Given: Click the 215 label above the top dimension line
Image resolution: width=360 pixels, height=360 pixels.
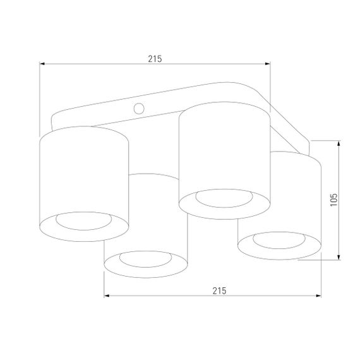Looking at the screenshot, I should point(155,58).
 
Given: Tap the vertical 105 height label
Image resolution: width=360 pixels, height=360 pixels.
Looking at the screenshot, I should point(333,200).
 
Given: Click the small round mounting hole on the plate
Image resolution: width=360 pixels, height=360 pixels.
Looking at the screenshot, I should point(140,109).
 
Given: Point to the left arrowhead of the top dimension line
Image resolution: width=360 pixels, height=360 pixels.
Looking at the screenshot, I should point(42,63).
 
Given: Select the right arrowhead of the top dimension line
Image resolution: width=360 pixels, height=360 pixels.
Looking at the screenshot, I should point(267,63).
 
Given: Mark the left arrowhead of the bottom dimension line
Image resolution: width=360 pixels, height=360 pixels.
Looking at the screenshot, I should point(107,296).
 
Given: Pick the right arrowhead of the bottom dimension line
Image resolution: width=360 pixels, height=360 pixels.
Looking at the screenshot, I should point(318,296).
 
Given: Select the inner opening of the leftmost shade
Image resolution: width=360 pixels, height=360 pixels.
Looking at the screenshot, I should point(83,220).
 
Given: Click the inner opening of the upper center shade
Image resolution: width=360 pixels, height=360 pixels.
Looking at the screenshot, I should point(224,198).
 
